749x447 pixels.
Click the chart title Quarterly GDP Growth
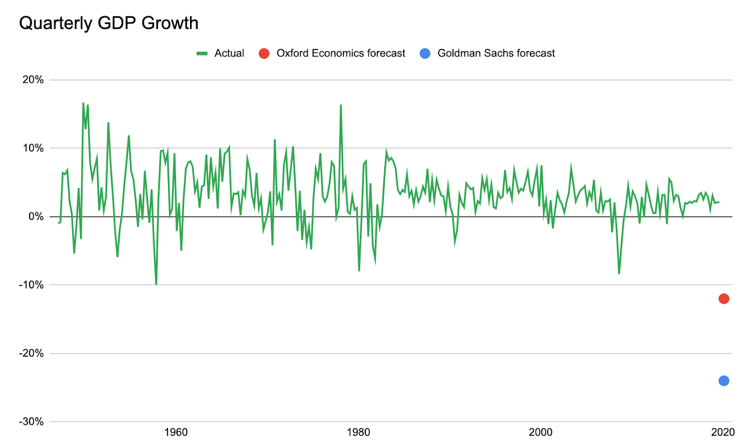pyautogui.click(x=109, y=23)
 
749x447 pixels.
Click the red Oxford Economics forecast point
pyautogui.click(x=724, y=299)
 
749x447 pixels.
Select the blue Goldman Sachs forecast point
pyautogui.click(x=724, y=381)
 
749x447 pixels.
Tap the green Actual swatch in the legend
pyautogui.click(x=202, y=53)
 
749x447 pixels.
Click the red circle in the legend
pyautogui.click(x=264, y=53)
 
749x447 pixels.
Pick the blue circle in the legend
pyautogui.click(x=425, y=53)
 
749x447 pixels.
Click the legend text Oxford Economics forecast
pyautogui.click(x=341, y=53)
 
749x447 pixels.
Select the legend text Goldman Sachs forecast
pyautogui.click(x=496, y=53)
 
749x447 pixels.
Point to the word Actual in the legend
pyautogui.click(x=229, y=53)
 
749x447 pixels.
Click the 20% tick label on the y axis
pyautogui.click(x=33, y=80)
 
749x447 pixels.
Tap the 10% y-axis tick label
pyautogui.click(x=33, y=148)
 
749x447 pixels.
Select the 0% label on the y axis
pyautogui.click(x=36, y=216)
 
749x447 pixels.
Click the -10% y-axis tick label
pyautogui.click(x=31, y=285)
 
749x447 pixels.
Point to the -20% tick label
pyautogui.click(x=31, y=353)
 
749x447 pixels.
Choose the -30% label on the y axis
pyautogui.click(x=31, y=421)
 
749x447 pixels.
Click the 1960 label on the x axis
pyautogui.click(x=176, y=432)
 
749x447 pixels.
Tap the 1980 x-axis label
pyautogui.click(x=358, y=432)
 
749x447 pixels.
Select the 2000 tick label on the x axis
pyautogui.click(x=541, y=432)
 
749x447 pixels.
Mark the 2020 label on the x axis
pyautogui.click(x=723, y=432)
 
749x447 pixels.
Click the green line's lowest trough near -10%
pyautogui.click(x=156, y=284)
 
